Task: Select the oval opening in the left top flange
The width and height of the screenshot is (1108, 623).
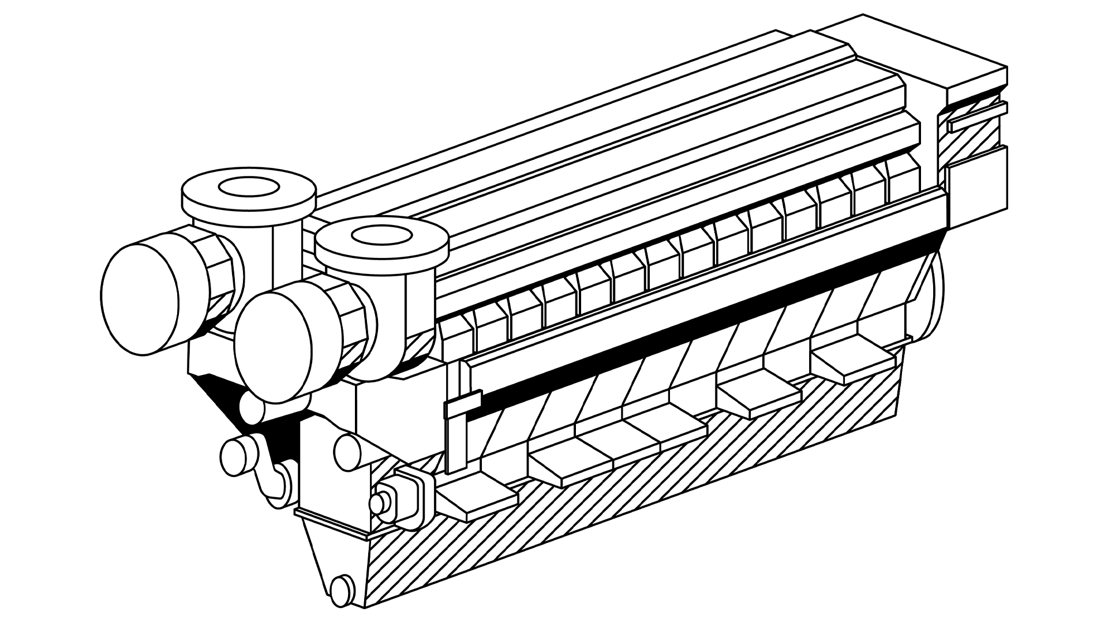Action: tap(249, 187)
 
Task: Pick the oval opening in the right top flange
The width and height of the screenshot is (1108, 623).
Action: tap(381, 235)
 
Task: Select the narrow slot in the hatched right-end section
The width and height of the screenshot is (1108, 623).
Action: tap(975, 123)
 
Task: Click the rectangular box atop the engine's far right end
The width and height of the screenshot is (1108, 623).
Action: tap(975, 87)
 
